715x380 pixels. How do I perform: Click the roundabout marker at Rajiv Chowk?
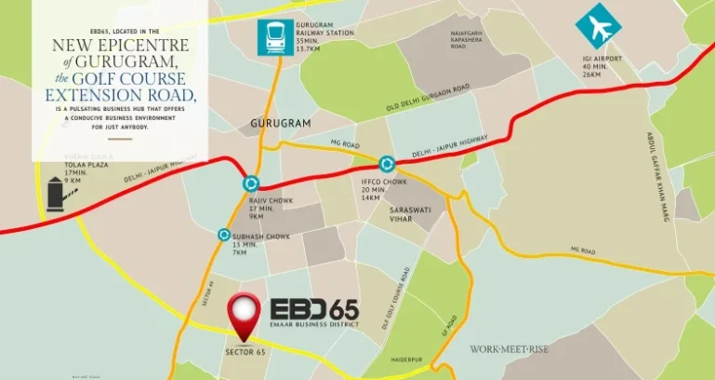click(249, 184)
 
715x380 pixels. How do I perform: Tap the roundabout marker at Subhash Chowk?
click(224, 236)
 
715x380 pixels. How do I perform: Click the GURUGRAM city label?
click(278, 123)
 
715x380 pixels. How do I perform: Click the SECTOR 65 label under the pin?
click(245, 352)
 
